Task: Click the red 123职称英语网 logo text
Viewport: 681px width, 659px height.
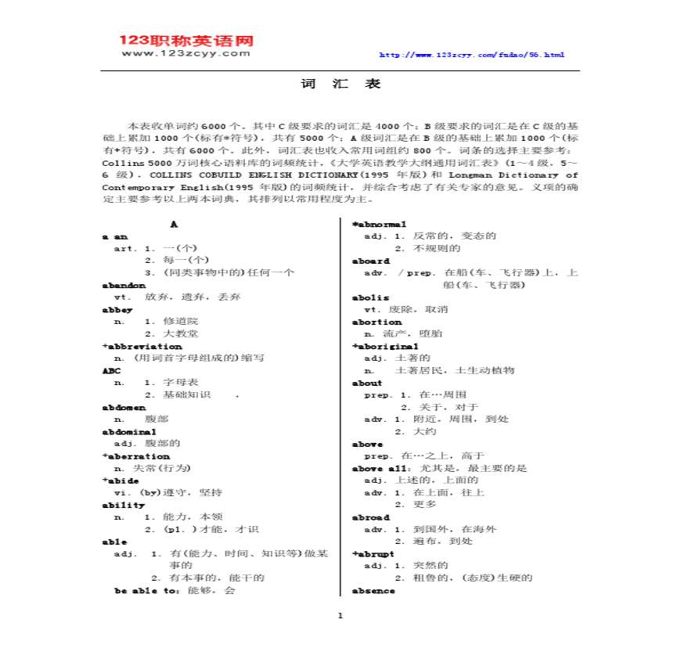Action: coord(186,40)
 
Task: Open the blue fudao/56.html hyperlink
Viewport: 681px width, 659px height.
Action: coord(471,55)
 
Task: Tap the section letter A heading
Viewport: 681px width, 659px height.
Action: coord(175,224)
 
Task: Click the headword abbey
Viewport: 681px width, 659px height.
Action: coord(117,309)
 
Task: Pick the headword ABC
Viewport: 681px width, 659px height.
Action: coord(111,370)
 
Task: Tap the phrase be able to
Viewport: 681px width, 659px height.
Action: coord(147,590)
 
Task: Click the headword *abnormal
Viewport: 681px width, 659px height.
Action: coord(380,224)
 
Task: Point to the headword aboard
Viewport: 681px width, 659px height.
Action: coord(371,261)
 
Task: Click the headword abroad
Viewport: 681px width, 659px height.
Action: coord(371,517)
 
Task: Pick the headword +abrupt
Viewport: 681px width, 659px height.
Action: coord(373,553)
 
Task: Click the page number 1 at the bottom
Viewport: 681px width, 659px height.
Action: coord(340,615)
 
